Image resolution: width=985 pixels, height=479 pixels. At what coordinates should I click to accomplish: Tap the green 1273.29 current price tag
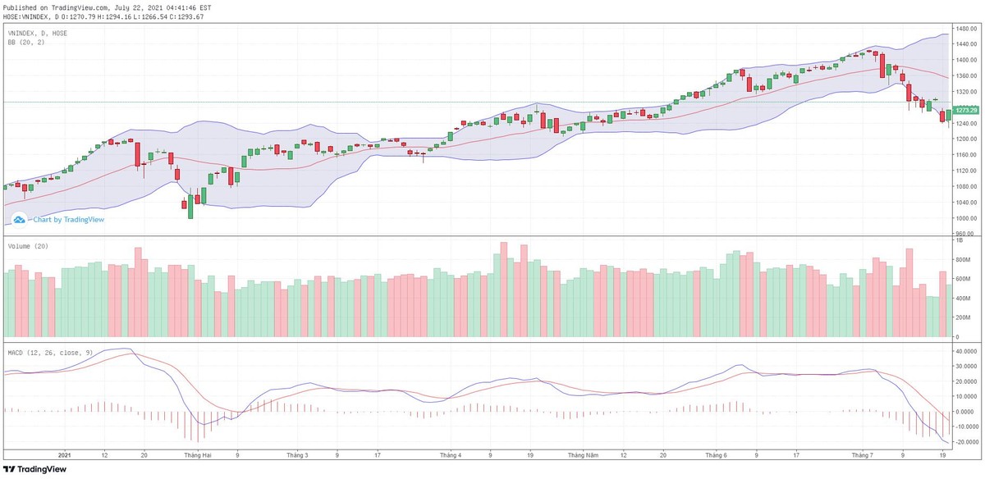coord(968,110)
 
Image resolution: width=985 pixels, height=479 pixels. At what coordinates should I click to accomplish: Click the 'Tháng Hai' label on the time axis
coord(199,454)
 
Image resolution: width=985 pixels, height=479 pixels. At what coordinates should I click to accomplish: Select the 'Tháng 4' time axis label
coord(451,454)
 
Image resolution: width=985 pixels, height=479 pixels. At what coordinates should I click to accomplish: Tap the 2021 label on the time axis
coord(66,454)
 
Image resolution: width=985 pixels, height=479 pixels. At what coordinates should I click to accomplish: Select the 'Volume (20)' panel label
coord(27,246)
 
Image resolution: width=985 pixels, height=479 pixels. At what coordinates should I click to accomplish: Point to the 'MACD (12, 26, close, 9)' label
coord(49,353)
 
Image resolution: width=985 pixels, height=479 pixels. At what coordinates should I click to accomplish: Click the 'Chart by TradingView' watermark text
coord(68,219)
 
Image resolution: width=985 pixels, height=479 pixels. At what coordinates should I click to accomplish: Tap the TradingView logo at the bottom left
coord(33,469)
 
